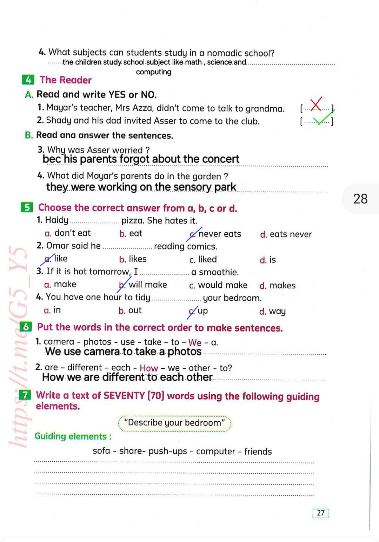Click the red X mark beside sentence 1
[x=316, y=104]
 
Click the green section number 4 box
[x=28, y=80]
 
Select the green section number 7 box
[x=25, y=395]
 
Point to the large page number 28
[x=360, y=199]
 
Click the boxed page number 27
[x=320, y=513]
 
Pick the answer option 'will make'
[x=147, y=285]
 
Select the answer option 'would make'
[x=222, y=285]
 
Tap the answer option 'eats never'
[x=290, y=234]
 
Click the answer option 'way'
[x=277, y=311]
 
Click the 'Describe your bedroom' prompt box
[x=174, y=423]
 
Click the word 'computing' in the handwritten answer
[x=154, y=72]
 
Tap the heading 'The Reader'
[x=66, y=80]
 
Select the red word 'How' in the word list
[x=149, y=368]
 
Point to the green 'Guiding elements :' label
[x=73, y=436]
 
